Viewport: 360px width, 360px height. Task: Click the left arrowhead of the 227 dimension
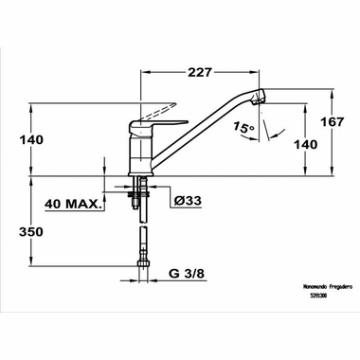(143, 70)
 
